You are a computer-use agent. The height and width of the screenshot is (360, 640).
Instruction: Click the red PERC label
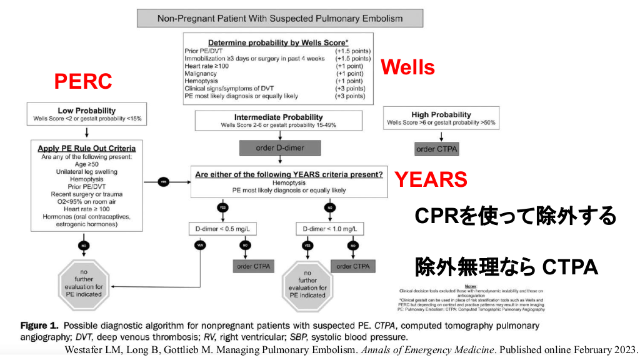coord(83,81)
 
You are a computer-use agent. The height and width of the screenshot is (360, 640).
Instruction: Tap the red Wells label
coord(407,67)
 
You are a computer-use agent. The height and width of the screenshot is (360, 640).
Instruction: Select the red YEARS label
coord(431,179)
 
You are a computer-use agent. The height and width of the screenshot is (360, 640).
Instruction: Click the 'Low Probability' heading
coord(87,111)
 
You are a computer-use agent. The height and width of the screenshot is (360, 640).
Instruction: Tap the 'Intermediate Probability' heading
coord(278,117)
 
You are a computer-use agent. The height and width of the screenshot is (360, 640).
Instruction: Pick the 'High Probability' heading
coord(441,114)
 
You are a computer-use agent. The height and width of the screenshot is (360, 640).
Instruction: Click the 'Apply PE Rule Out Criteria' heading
coord(87,148)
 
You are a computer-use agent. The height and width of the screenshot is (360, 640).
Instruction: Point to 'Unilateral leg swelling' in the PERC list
coord(87,171)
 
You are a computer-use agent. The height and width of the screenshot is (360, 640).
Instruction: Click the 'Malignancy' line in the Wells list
coord(201,73)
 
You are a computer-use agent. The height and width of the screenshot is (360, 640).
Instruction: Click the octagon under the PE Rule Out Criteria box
coord(83,284)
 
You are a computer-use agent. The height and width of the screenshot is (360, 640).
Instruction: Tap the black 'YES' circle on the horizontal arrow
coord(163,181)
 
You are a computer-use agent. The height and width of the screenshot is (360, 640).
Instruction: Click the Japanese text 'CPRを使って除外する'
coord(515,216)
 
